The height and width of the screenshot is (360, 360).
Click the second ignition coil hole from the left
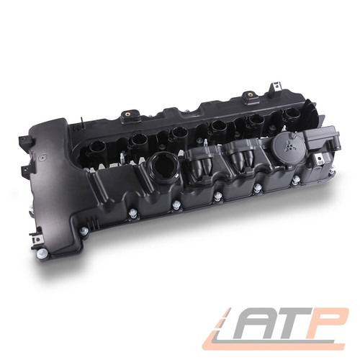click(137, 140)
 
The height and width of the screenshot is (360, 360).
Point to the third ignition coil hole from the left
click(178, 132)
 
